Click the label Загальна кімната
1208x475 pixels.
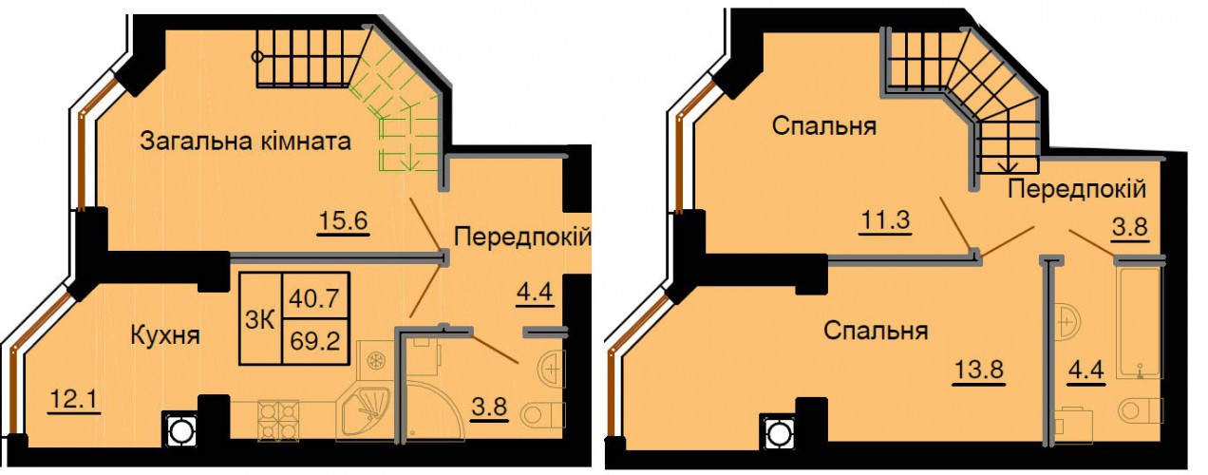[245, 142]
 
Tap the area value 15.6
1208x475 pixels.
[344, 221]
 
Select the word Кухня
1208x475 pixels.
[165, 335]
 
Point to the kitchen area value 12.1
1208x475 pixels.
[73, 400]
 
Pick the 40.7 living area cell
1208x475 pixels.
[315, 297]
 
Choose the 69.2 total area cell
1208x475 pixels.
[315, 341]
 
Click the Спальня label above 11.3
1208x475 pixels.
[824, 126]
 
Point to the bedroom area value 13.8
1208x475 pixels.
[978, 370]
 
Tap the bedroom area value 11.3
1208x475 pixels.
[885, 220]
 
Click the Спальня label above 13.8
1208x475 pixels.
[876, 331]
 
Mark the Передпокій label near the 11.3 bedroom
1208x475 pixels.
[1076, 190]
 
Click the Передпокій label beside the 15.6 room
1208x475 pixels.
[522, 237]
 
